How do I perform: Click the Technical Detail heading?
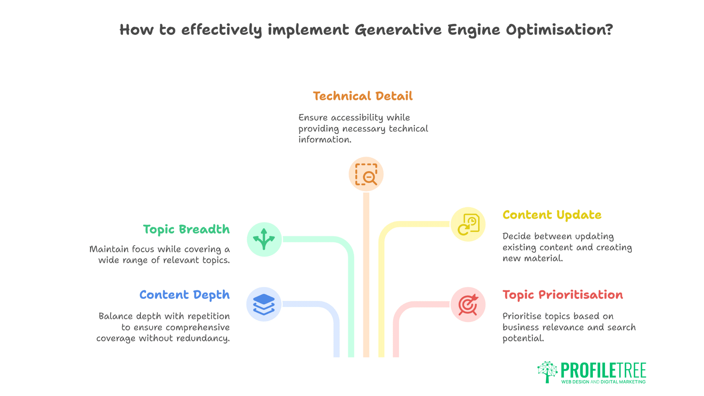pyautogui.click(x=362, y=96)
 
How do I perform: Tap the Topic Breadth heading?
pyautogui.click(x=186, y=230)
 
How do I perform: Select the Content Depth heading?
pyautogui.click(x=184, y=295)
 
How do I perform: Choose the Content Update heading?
pyautogui.click(x=552, y=215)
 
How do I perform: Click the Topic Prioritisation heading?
pyautogui.click(x=562, y=295)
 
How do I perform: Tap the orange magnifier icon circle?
pyautogui.click(x=366, y=174)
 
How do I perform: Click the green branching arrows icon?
pyautogui.click(x=264, y=239)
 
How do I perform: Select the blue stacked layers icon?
pyautogui.click(x=264, y=304)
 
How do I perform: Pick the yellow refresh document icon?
pyautogui.click(x=468, y=224)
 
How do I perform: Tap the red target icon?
pyautogui.click(x=468, y=304)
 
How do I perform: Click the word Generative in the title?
pyautogui.click(x=398, y=30)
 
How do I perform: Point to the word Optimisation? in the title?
pyautogui.click(x=559, y=30)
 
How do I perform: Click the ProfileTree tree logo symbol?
pyautogui.click(x=547, y=371)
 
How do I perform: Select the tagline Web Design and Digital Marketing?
pyautogui.click(x=603, y=382)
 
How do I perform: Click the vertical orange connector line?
pyautogui.click(x=366, y=275)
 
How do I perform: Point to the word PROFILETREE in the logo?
pyautogui.click(x=603, y=370)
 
